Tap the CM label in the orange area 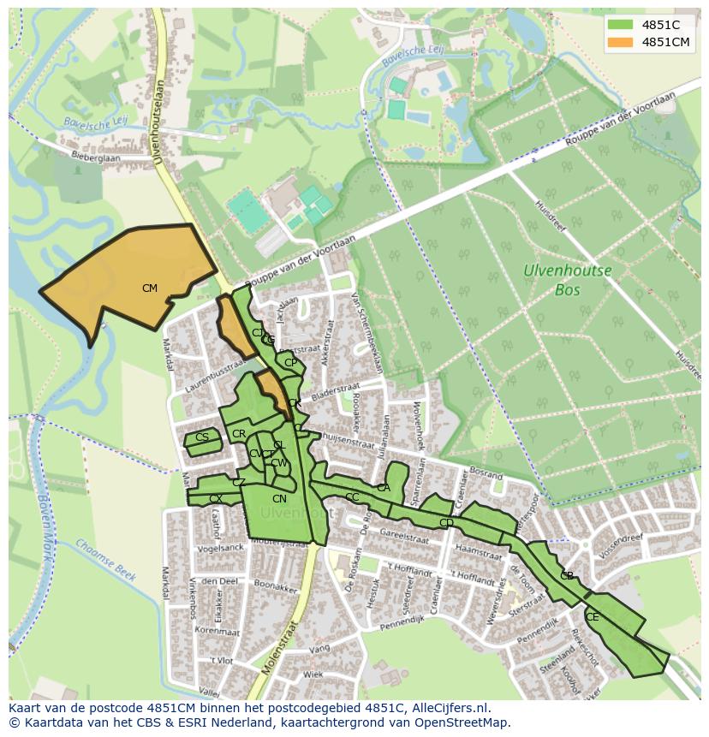150,288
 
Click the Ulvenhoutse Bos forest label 568,280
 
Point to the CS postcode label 202,437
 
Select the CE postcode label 593,616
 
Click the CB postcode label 567,576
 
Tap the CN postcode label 279,499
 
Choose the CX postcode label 216,498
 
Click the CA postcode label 384,488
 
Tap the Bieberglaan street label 96,158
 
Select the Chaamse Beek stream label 105,559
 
